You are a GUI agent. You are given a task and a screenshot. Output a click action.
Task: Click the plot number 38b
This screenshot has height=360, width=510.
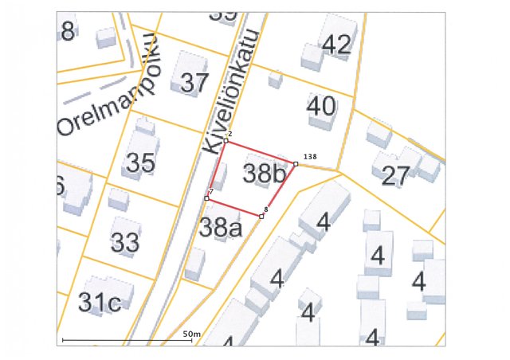click(264, 174)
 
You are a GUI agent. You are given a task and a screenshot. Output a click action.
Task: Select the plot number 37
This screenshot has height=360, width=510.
click(194, 82)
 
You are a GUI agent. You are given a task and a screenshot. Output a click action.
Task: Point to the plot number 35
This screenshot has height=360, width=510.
click(140, 162)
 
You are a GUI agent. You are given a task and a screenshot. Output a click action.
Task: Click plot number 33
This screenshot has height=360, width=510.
click(125, 242)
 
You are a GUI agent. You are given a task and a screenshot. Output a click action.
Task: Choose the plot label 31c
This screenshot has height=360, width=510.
click(100, 303)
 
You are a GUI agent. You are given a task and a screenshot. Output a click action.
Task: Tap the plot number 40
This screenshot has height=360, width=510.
click(321, 105)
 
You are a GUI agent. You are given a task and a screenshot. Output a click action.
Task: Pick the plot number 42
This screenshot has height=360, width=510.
click(336, 45)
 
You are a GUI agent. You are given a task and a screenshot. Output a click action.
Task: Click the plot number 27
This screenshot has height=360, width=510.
click(396, 175)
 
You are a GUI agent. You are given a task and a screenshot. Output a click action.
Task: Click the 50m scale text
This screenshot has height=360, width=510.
click(191, 333)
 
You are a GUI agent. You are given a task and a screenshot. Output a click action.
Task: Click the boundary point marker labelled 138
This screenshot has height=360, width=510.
click(296, 163)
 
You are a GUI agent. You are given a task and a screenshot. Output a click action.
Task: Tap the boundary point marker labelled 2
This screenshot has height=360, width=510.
click(226, 141)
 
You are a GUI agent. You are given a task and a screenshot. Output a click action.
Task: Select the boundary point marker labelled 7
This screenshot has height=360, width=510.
click(206, 198)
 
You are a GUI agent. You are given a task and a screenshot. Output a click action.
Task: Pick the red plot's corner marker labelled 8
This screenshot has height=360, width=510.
click(261, 216)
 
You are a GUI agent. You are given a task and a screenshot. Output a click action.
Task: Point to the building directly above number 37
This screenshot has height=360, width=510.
click(189, 61)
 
